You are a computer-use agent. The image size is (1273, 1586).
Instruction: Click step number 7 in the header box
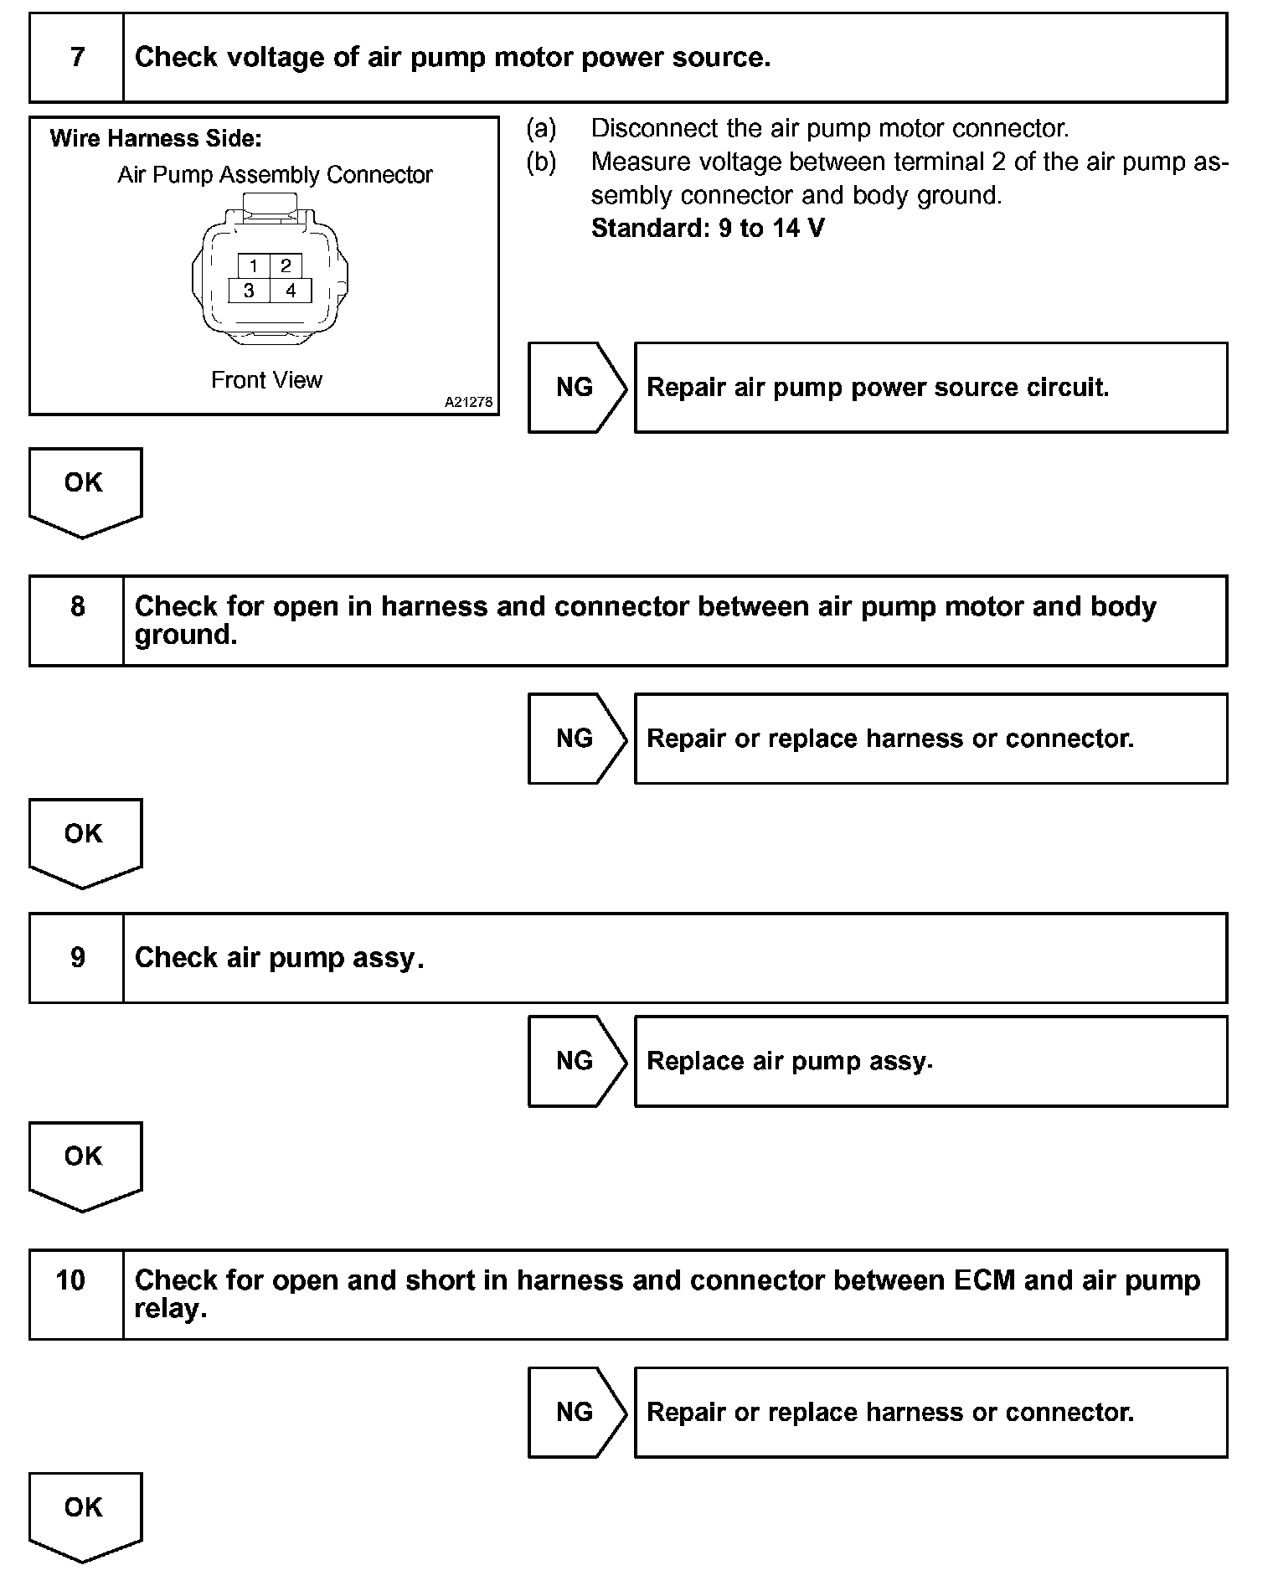(x=77, y=57)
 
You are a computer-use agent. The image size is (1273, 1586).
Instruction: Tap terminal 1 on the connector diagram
(x=253, y=266)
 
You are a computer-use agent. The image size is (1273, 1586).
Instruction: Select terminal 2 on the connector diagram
(x=286, y=266)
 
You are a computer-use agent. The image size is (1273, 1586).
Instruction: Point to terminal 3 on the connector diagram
(x=249, y=291)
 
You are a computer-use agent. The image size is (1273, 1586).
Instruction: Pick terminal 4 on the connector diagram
(x=291, y=291)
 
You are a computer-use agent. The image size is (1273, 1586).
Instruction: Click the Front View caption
(x=266, y=380)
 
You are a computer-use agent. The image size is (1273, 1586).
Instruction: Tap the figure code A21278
(x=468, y=402)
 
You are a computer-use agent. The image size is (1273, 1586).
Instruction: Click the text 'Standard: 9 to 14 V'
(x=708, y=229)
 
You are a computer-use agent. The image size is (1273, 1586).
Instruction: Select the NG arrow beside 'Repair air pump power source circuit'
(x=575, y=387)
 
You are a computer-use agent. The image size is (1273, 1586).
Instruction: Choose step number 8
(x=77, y=606)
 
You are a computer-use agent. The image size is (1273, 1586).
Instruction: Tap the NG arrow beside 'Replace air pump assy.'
(x=575, y=1061)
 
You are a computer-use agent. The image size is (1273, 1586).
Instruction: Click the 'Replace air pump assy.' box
(x=930, y=1061)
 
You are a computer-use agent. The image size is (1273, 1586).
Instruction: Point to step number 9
(x=77, y=957)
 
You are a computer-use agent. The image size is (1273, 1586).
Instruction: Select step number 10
(x=71, y=1280)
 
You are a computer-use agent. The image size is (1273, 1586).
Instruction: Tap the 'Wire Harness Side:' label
(x=156, y=139)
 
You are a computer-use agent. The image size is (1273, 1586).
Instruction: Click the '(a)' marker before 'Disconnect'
(x=541, y=128)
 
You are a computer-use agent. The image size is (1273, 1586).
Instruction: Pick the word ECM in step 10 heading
(x=984, y=1280)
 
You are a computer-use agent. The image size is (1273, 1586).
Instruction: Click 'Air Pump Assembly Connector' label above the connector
(x=275, y=175)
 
